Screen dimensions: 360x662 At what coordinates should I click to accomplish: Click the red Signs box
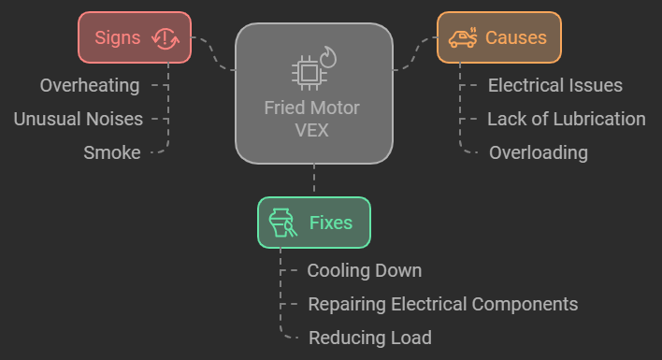[134, 37]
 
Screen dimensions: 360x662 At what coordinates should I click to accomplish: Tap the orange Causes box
[498, 37]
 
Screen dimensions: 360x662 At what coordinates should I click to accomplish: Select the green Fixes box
[314, 223]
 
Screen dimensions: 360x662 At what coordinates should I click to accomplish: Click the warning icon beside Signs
[165, 37]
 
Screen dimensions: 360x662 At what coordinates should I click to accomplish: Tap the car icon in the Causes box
[462, 37]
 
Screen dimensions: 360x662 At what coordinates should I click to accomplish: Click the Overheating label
[90, 86]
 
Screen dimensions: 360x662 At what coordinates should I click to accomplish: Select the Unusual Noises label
[78, 119]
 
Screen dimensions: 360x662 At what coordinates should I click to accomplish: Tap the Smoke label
[112, 152]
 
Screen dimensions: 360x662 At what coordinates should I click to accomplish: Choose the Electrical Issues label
[555, 86]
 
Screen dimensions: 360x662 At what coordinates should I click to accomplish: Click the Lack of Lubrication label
[567, 119]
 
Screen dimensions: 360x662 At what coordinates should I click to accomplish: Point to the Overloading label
[539, 152]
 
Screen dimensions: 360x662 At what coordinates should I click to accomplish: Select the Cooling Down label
[365, 271]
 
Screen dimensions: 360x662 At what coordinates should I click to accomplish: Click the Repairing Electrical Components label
[443, 304]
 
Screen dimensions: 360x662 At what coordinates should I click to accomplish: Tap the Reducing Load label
[370, 338]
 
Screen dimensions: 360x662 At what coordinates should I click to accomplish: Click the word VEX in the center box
[313, 129]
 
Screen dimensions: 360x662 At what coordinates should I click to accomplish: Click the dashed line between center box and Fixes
[313, 180]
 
